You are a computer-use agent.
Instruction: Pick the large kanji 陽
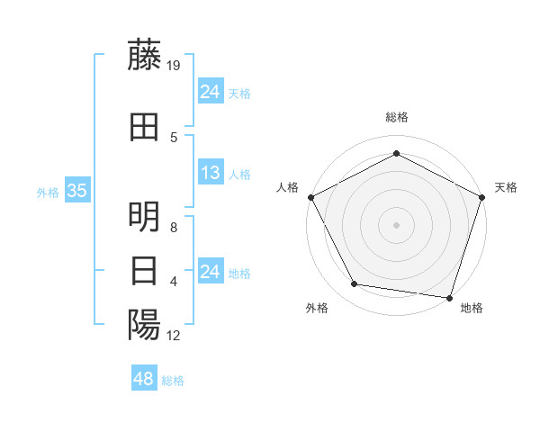tap(144, 324)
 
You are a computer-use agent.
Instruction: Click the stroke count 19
tap(175, 65)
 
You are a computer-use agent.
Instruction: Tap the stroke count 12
tap(175, 335)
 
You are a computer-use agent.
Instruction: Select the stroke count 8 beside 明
tap(175, 227)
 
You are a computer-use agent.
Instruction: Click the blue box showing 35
tap(76, 191)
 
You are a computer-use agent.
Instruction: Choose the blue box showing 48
tap(143, 379)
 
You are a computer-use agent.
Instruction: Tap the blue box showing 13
tap(210, 173)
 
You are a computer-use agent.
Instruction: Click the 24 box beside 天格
tap(210, 92)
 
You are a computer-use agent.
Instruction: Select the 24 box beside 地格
tap(210, 272)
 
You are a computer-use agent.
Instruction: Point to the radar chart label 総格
tap(396, 117)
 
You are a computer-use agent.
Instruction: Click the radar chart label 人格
tap(287, 187)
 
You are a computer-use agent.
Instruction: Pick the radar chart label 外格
tap(317, 308)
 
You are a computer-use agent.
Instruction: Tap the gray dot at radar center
tap(396, 224)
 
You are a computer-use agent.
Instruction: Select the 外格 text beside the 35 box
tap(47, 192)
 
